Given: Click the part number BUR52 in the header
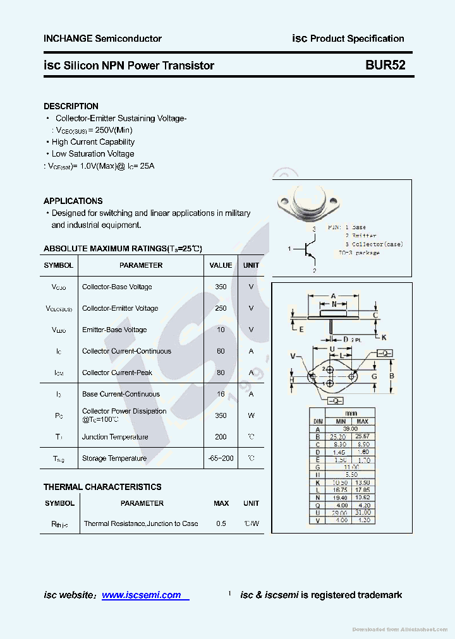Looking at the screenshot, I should coord(385,65).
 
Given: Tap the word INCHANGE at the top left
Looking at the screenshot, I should coord(68,39).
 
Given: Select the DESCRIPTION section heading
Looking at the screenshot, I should coord(71,106).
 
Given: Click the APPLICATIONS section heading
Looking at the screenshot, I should coord(73,201).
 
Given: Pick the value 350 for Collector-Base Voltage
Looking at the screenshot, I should coord(221,287).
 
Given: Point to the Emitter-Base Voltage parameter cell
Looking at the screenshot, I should coord(114,330).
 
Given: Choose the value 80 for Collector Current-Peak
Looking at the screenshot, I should coord(221,373).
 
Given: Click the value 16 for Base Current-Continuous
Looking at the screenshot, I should coord(221,394).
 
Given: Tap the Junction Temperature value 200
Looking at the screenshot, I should coord(221,437).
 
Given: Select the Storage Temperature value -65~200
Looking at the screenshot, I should coord(221,458).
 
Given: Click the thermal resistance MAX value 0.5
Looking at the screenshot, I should coord(221,523).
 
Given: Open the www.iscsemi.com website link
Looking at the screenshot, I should coord(142,595).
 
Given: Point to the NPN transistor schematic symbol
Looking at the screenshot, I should coord(308,249).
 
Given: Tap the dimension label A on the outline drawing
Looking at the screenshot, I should coord(333,296).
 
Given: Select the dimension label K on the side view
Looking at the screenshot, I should coord(384,337).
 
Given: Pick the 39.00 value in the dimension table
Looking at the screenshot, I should coord(350,429).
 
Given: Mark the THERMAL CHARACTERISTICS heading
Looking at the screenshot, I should coord(102,487).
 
